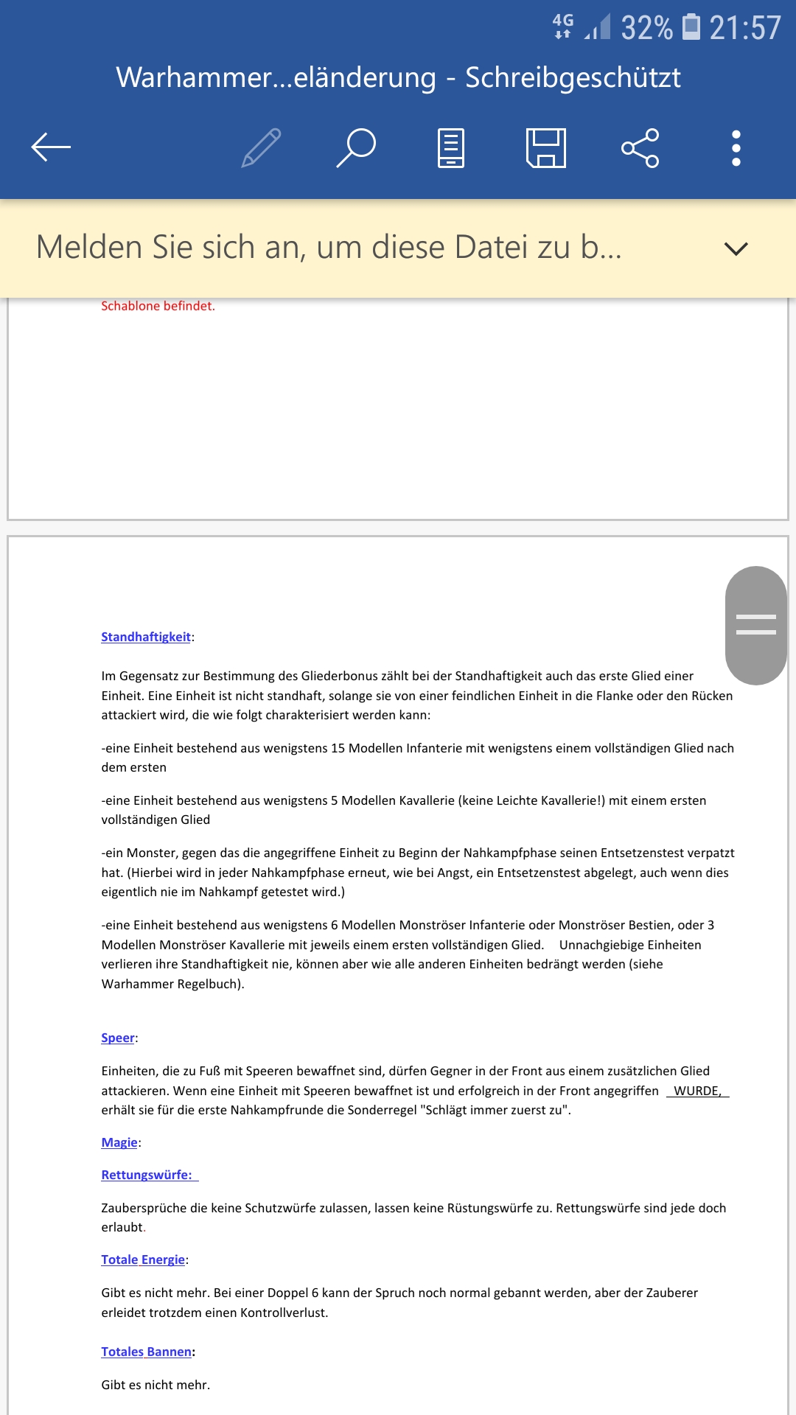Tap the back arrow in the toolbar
tap(51, 147)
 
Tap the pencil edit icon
tap(262, 147)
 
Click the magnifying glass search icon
tap(357, 147)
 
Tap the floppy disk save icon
tap(546, 147)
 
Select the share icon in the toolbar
tap(640, 147)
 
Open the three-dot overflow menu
tap(736, 147)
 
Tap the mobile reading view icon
tap(451, 147)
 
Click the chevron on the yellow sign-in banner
tap(736, 248)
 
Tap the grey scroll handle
tap(756, 625)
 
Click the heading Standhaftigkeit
tap(146, 637)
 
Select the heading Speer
tap(118, 1038)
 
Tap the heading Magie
tap(119, 1142)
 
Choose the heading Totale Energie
tap(143, 1259)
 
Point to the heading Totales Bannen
tap(147, 1352)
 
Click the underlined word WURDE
tap(696, 1091)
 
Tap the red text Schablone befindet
tap(158, 306)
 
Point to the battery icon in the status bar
tap(691, 27)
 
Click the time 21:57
tap(744, 28)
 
